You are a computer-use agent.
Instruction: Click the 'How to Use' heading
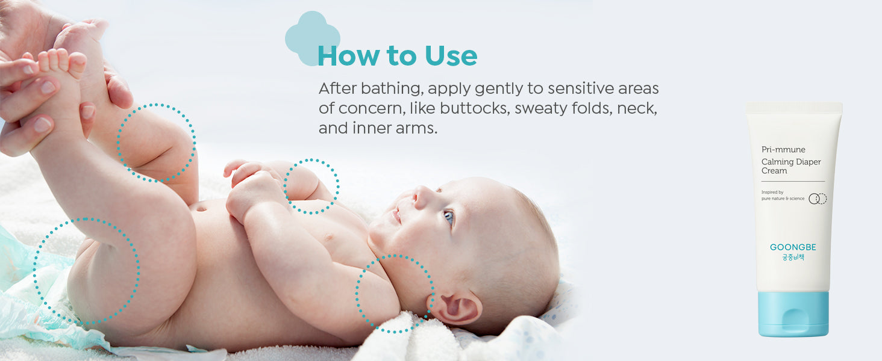397,55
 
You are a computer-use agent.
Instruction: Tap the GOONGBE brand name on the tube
793,247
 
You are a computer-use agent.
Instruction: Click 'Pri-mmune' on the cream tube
783,149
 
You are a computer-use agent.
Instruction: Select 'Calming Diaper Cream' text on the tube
790,166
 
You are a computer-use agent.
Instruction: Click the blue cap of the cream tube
793,314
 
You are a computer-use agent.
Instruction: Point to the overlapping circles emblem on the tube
818,199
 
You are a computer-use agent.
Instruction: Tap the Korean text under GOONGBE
793,258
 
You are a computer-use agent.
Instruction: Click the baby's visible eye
449,216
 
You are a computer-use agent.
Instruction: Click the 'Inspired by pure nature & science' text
783,196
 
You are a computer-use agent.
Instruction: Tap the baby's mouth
396,215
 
